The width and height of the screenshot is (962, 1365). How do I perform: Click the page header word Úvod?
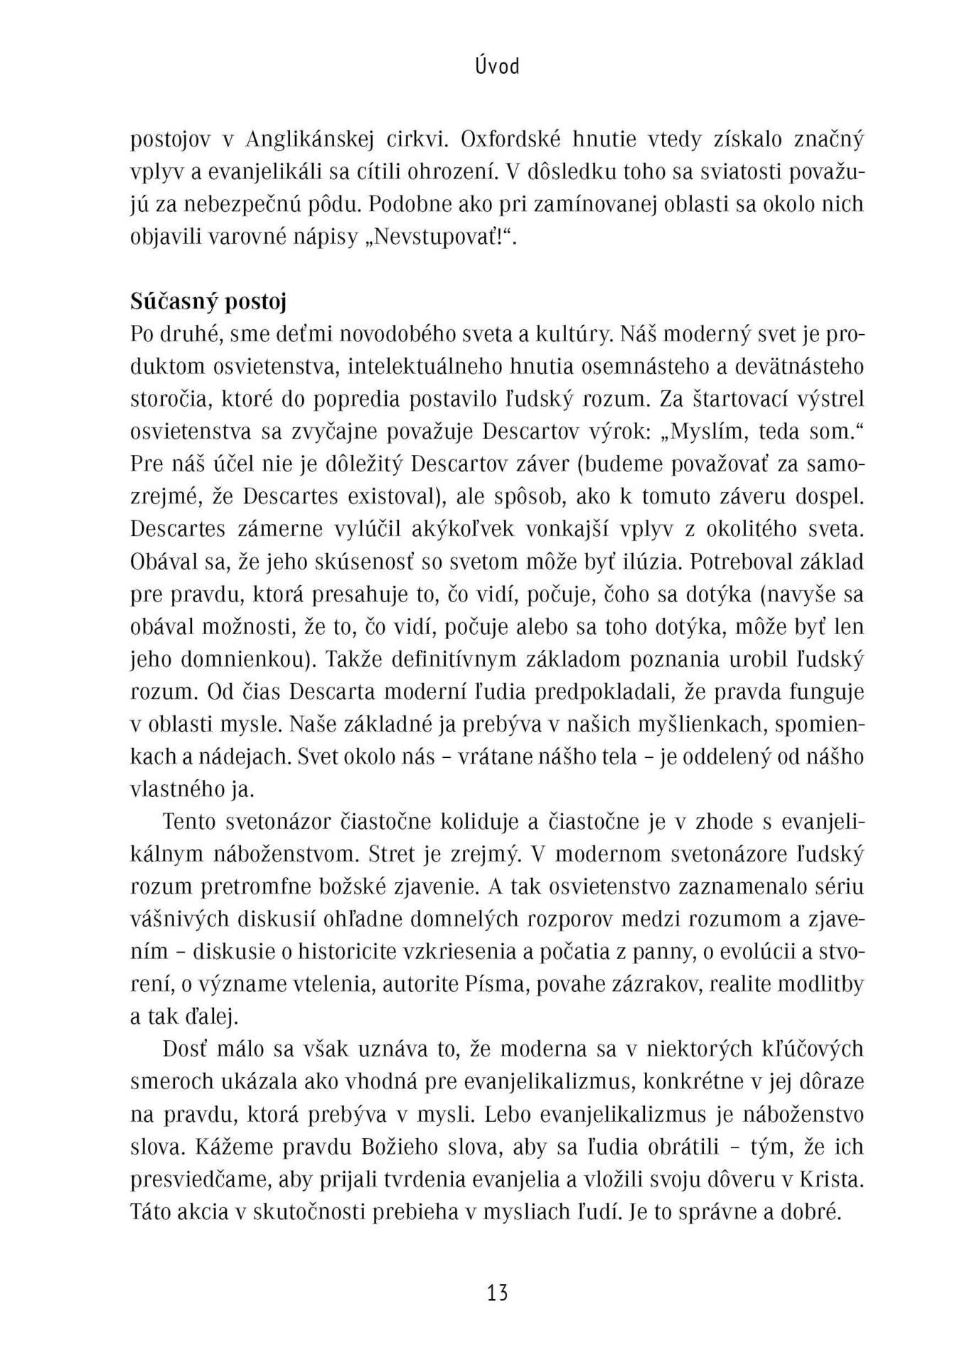tap(497, 66)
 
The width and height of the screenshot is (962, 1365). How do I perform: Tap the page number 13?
tap(497, 1291)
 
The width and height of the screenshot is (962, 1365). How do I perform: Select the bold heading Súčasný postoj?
tap(208, 301)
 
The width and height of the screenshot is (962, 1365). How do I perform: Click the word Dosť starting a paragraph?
tap(183, 1049)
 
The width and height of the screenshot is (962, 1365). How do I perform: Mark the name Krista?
tap(832, 1179)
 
